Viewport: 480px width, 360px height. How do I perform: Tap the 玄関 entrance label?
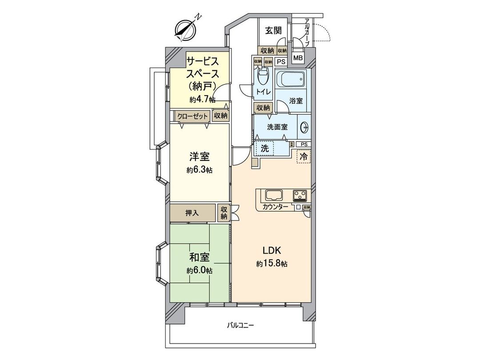[274, 31]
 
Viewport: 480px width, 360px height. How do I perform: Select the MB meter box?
[298, 58]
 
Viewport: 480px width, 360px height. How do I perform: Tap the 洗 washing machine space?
[265, 148]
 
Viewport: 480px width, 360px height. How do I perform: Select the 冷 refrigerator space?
[304, 156]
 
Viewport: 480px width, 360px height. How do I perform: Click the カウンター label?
[275, 208]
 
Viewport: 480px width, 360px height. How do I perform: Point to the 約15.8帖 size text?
[272, 264]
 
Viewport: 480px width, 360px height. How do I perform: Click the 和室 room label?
[200, 257]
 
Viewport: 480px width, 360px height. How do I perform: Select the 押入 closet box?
[192, 212]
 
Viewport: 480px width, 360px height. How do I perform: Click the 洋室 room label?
[200, 157]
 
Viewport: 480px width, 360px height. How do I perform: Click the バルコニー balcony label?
[240, 325]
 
